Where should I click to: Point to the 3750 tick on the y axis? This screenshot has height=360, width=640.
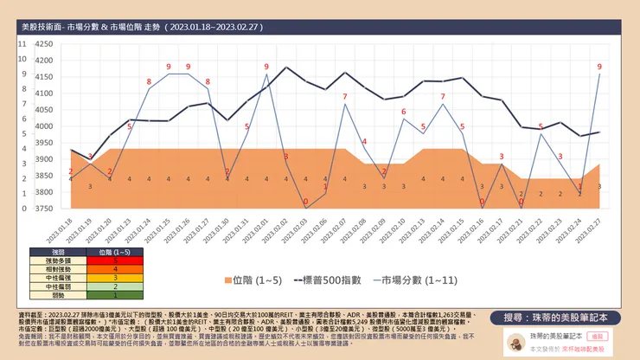(x=43, y=209)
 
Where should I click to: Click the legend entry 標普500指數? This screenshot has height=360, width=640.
(x=322, y=280)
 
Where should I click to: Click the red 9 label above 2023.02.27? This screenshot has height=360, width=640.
(x=599, y=66)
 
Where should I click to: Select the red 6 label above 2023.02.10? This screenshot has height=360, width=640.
(x=403, y=112)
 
